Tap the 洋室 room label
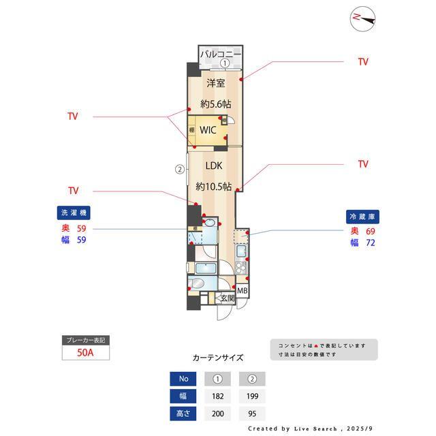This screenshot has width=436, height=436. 216,83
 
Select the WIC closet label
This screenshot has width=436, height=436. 208,130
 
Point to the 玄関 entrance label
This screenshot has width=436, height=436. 227,298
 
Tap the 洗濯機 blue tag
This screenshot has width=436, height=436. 72,212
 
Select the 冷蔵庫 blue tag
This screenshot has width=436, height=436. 362,216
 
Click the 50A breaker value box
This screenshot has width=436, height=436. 85,354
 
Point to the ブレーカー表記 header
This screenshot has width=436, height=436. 85,340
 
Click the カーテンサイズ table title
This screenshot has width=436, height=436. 217,357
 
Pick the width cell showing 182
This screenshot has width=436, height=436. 217,396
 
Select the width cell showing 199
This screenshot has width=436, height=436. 252,396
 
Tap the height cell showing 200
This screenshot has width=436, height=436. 217,413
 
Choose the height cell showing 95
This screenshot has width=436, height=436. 252,413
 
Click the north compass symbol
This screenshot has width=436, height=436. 362,19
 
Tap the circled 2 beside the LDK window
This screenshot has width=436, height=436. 179,169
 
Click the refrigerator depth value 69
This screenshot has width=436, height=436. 370,232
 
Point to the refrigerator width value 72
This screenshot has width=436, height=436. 370,243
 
